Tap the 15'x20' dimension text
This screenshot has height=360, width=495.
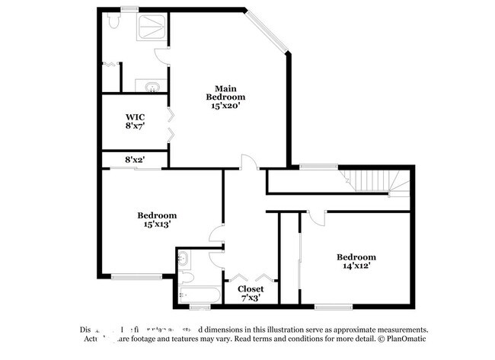[225, 107]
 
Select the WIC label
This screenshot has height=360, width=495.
[135, 117]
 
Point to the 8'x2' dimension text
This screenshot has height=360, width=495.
[135, 159]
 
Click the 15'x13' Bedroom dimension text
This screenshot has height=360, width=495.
[157, 225]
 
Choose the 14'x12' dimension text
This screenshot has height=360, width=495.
[356, 267]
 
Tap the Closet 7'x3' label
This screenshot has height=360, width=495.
[251, 294]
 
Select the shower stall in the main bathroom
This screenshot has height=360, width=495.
[152, 29]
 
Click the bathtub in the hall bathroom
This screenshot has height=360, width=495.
[200, 295]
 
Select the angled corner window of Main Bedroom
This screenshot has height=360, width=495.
[268, 34]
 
